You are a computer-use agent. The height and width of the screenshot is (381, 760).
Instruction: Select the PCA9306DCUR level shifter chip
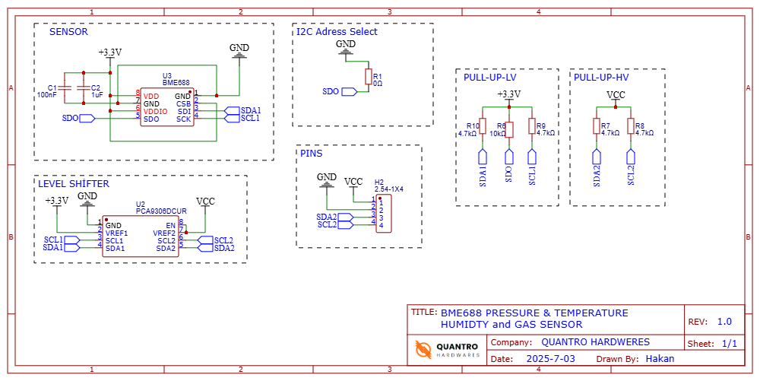[x=141, y=237]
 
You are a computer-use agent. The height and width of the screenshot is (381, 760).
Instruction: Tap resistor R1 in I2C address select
[x=368, y=77]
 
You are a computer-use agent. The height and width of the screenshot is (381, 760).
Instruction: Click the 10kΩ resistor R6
[x=509, y=129]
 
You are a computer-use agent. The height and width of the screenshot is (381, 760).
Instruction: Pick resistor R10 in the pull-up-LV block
[x=483, y=129]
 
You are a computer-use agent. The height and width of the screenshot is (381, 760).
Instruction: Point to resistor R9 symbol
[x=532, y=129]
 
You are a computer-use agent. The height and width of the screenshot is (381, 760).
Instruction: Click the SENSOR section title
[x=68, y=32]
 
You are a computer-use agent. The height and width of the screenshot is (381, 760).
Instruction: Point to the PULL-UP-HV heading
[x=601, y=78]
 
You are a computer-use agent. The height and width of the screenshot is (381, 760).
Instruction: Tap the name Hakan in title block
[x=660, y=358]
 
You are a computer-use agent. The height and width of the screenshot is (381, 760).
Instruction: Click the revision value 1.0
[x=724, y=322]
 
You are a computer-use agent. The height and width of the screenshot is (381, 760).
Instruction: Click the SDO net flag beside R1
[x=349, y=91]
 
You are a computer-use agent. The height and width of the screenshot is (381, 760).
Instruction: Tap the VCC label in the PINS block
[x=353, y=182]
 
